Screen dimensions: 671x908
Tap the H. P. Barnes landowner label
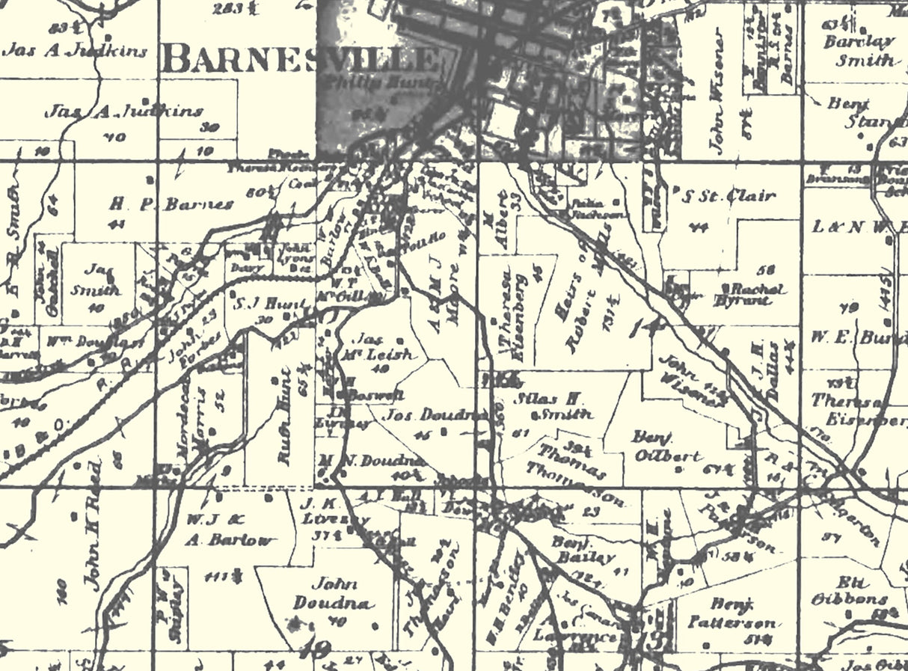(x=171, y=203)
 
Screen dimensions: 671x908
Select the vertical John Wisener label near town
(x=719, y=91)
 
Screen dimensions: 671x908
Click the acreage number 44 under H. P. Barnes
(x=117, y=224)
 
